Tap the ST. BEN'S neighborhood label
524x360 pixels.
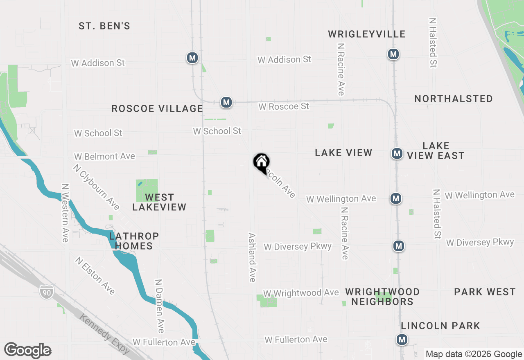point(104,26)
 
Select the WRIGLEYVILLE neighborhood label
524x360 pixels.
point(367,34)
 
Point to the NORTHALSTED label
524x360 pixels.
point(454,99)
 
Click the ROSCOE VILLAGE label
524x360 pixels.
point(157,108)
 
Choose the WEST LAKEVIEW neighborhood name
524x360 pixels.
point(159,202)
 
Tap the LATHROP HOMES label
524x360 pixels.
point(134,241)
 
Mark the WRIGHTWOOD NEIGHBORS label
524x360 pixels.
point(382,297)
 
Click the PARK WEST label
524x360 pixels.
point(485,292)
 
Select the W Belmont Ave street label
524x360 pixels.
point(104,156)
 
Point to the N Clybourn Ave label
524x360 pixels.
point(97,187)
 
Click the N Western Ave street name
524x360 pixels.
point(65,212)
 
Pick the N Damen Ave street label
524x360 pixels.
point(160,306)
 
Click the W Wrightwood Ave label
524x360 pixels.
point(301,293)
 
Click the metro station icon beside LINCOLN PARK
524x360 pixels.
point(402,339)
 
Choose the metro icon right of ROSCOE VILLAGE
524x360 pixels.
point(226,102)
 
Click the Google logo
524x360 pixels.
point(27,350)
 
